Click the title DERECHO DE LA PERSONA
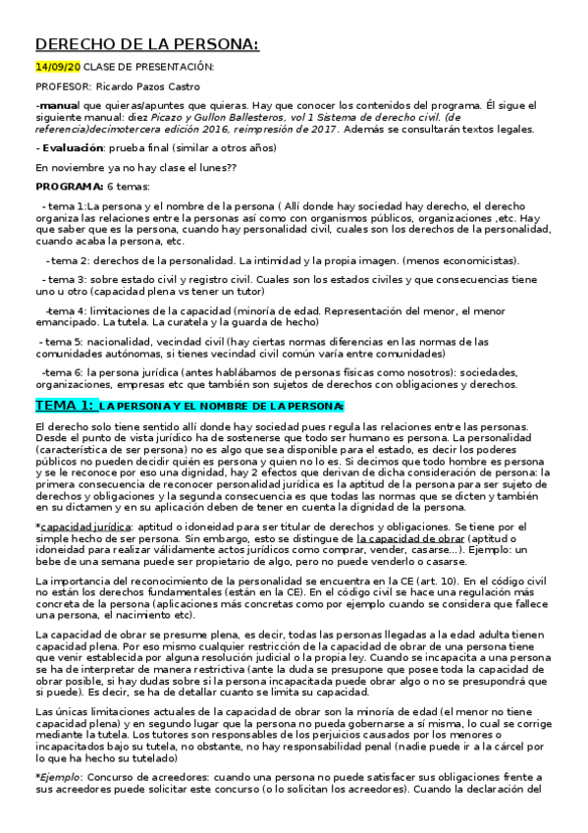pos(147,44)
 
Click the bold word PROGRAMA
pos(69,186)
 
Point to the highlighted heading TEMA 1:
pos(65,405)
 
